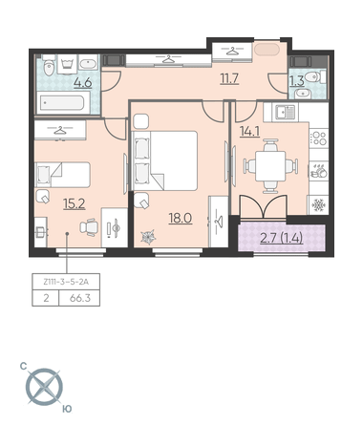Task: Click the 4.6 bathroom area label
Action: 83,83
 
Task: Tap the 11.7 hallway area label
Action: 229,78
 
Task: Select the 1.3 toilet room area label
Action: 297,81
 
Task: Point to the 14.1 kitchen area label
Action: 249,131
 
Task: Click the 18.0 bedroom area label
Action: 181,219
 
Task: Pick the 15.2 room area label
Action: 75,203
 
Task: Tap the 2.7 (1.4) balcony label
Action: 281,238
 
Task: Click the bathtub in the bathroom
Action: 63,103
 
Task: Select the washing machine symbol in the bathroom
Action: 67,64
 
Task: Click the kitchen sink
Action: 286,112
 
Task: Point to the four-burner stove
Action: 319,138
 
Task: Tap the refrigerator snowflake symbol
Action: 318,205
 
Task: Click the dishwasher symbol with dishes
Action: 319,171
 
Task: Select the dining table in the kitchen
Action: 270,166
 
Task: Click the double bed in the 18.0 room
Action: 164,160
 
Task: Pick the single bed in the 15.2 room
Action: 62,175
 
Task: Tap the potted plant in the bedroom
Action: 148,237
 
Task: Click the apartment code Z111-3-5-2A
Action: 66,282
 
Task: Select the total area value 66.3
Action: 80,298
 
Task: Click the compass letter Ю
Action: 67,409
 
